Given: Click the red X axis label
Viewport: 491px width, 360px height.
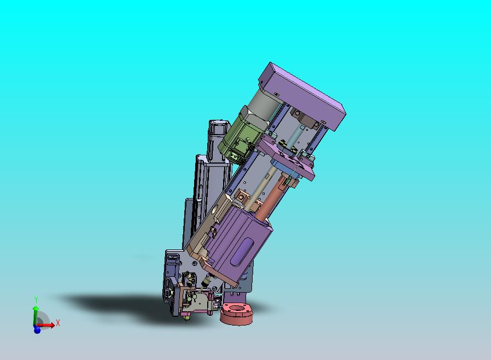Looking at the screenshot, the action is pos(57,323).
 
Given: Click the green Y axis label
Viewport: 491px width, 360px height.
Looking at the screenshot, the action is pos(36,299).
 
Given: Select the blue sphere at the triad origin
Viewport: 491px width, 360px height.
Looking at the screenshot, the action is pos(37,330).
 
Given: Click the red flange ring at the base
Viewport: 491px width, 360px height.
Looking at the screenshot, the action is pos(236,313).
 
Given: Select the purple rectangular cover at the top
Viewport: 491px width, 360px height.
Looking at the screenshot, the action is pos(302,95).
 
